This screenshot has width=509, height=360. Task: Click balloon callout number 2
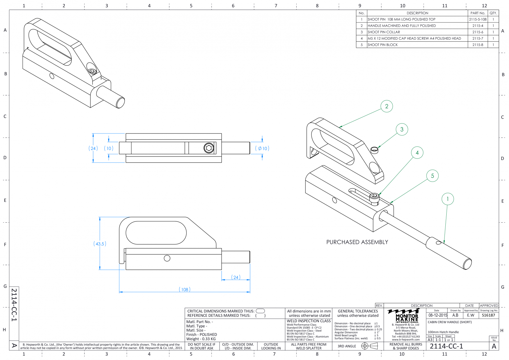(x=387, y=106)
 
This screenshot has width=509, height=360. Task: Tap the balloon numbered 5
(x=432, y=176)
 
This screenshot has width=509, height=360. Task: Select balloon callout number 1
(x=448, y=199)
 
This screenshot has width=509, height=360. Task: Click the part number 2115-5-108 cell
(x=478, y=19)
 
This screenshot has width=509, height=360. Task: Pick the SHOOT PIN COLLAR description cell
(x=384, y=32)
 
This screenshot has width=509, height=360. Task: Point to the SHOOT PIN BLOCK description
(x=382, y=45)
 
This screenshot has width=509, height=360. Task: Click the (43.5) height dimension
(x=100, y=244)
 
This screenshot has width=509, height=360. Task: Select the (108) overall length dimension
(x=184, y=289)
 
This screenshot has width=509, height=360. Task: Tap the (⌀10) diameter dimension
(x=262, y=148)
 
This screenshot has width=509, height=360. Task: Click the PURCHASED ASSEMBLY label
(x=357, y=242)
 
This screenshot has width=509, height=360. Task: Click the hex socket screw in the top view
(x=208, y=148)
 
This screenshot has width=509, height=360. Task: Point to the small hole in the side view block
(x=167, y=258)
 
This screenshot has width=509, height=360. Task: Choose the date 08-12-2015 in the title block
(x=438, y=315)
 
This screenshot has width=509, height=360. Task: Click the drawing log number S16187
(x=488, y=315)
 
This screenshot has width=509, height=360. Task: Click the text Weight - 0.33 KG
(x=201, y=339)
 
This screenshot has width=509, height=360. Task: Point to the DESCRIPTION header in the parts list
(x=417, y=13)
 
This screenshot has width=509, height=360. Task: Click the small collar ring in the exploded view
(x=374, y=150)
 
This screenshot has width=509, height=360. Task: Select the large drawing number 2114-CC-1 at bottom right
(x=446, y=346)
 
